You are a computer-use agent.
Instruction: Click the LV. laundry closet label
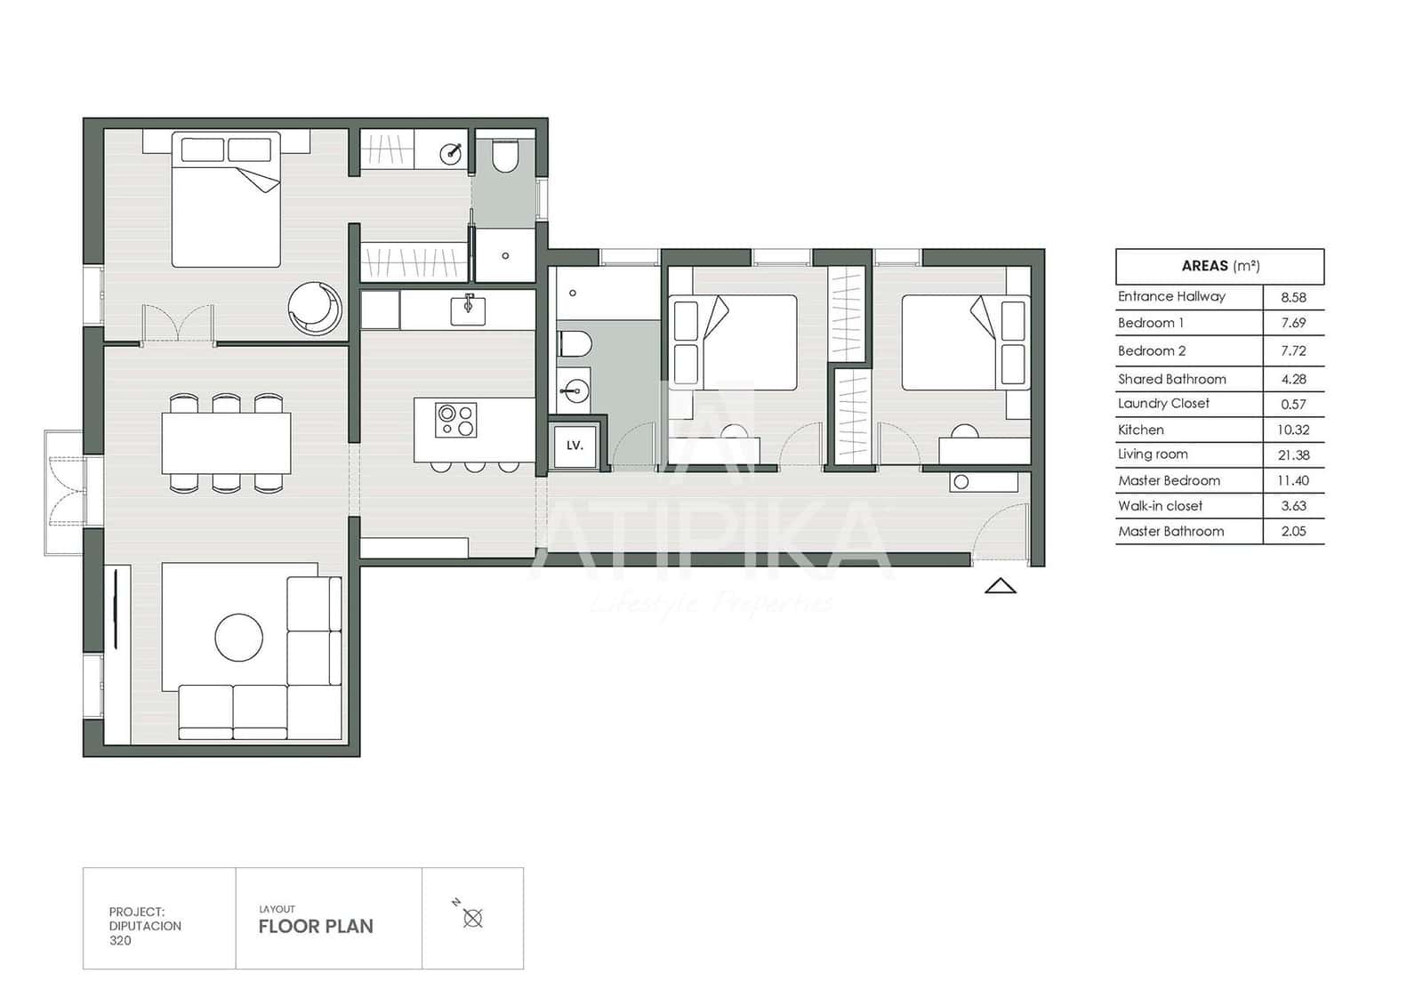575,445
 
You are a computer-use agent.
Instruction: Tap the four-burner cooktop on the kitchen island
456,420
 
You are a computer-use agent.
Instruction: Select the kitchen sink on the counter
468,310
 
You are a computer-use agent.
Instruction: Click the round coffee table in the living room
238,638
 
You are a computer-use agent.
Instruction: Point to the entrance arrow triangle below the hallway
1001,586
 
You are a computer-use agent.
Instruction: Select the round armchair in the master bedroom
315,308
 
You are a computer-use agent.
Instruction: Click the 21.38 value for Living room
1293,455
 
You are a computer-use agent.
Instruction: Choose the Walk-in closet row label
1160,506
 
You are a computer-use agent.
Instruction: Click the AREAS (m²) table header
1219,266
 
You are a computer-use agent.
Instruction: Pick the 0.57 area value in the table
1293,405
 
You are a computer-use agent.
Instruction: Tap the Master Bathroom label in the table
1170,532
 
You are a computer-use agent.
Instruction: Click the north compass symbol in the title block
472,918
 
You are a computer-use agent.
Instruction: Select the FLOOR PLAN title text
316,927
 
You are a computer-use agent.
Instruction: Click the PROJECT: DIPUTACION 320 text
144,926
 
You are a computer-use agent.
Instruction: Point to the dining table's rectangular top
226,443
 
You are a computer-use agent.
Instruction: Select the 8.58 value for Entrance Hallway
1293,298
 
